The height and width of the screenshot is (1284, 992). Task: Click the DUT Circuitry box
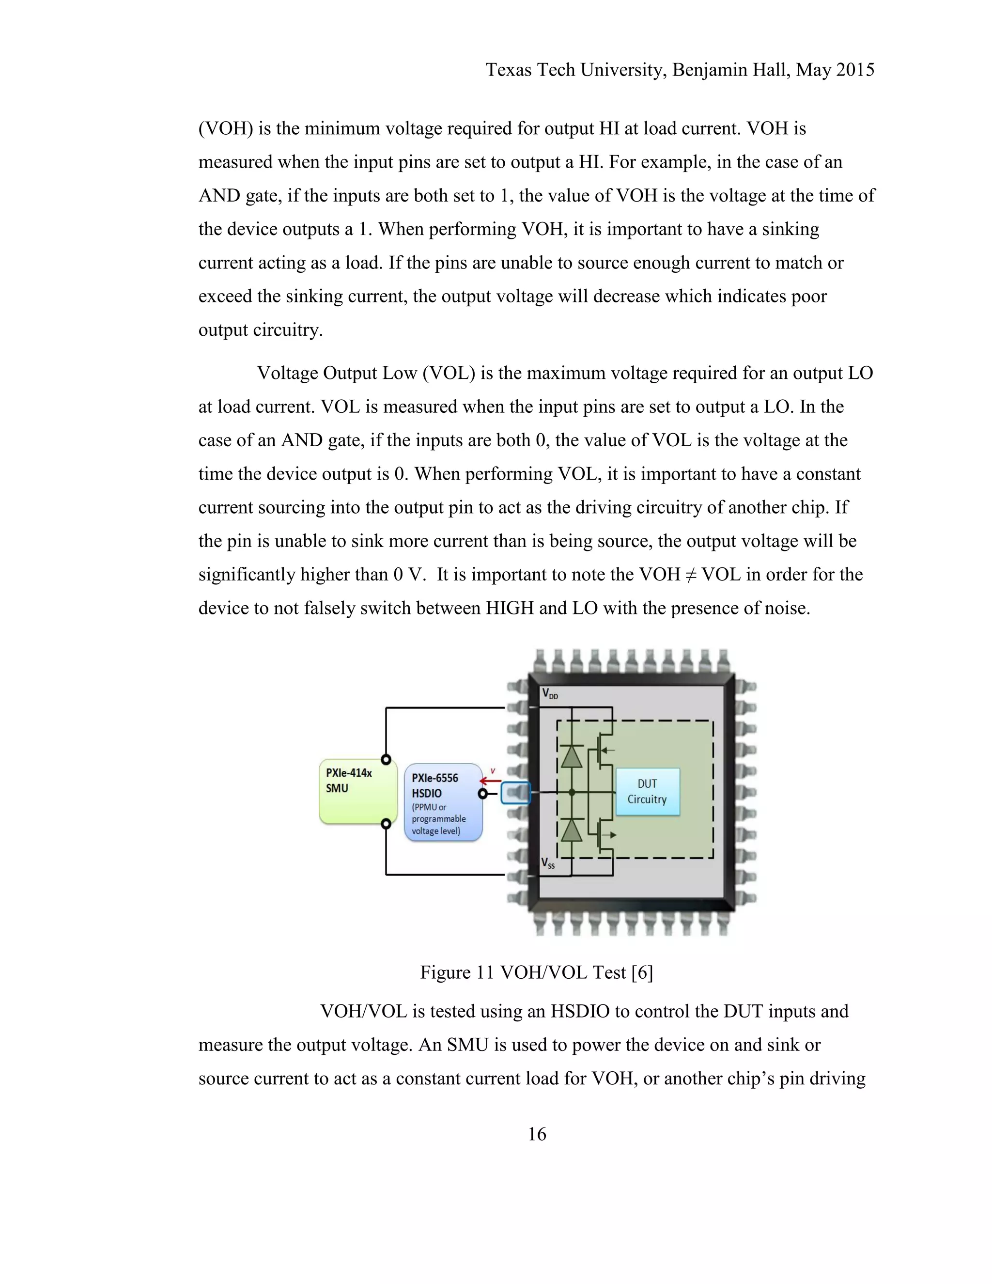(x=647, y=791)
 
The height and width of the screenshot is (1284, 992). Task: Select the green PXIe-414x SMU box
(x=357, y=791)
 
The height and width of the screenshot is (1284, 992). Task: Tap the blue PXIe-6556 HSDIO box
(x=443, y=802)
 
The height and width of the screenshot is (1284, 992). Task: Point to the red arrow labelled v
(x=490, y=781)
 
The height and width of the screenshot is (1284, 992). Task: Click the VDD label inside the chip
(x=549, y=694)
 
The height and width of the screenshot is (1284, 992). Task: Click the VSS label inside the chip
(x=548, y=863)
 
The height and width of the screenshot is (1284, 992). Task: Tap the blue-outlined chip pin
(x=516, y=793)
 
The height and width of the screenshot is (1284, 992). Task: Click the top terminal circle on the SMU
(x=386, y=760)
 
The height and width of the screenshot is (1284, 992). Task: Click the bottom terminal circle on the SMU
(x=386, y=824)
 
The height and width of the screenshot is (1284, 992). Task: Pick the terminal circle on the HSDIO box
(x=483, y=794)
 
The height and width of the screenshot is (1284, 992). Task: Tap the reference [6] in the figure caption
(x=642, y=972)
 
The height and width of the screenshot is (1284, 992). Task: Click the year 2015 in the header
(x=855, y=70)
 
